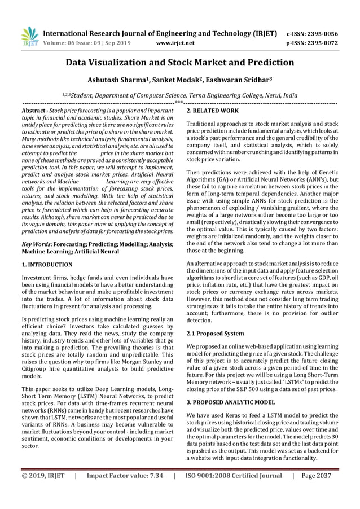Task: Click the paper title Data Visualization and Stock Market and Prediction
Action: [x=180, y=62]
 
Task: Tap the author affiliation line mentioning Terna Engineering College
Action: [x=180, y=96]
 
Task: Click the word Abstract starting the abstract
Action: [x=33, y=111]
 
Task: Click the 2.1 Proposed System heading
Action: [x=215, y=334]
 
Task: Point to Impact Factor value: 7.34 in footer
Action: [x=125, y=476]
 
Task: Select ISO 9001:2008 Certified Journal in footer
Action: [x=233, y=476]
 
